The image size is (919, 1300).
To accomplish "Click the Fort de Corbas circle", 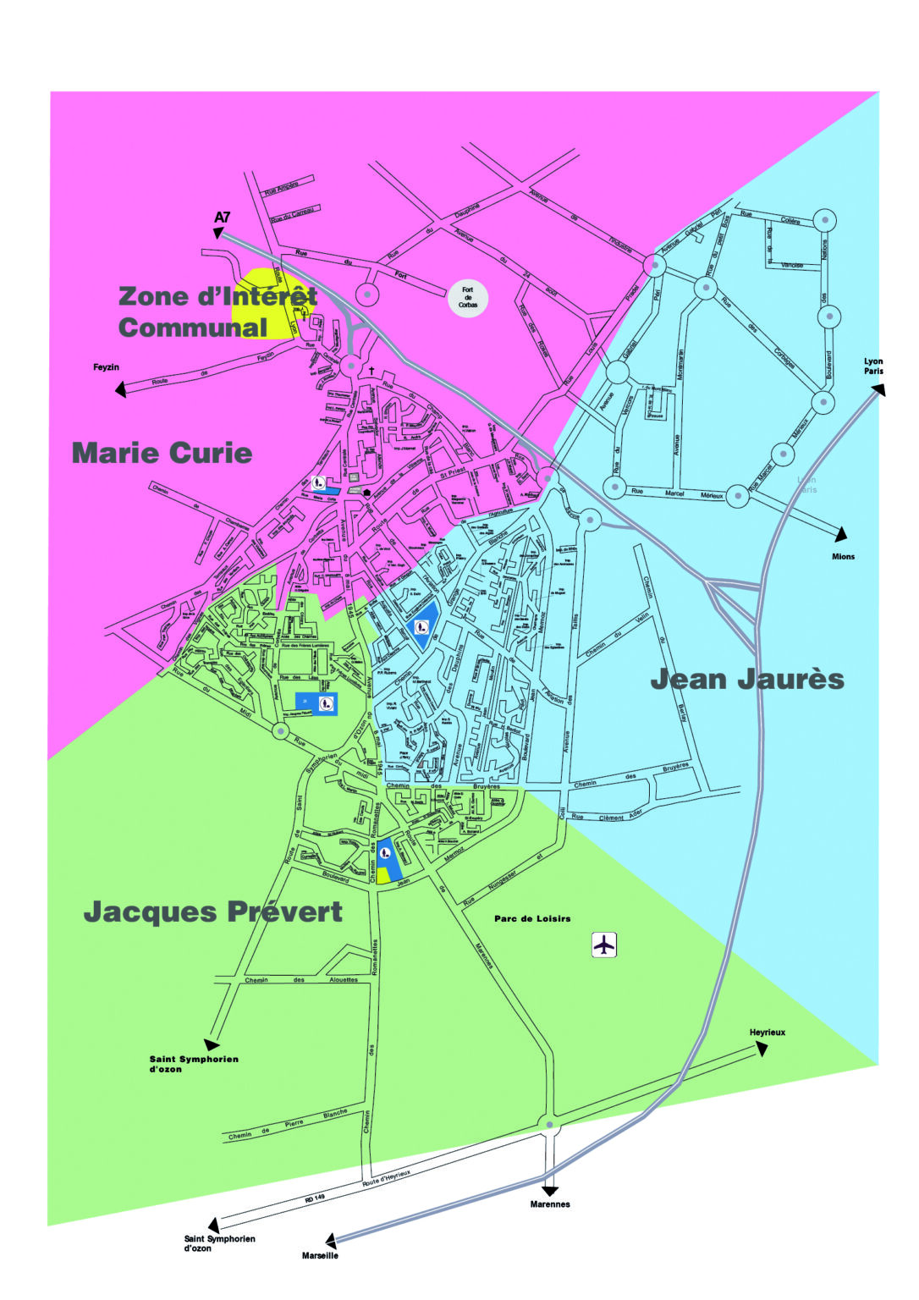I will [468, 297].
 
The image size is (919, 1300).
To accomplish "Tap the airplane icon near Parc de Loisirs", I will [603, 945].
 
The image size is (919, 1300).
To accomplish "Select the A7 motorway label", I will [222, 218].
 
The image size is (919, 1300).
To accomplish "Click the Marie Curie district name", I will [162, 453].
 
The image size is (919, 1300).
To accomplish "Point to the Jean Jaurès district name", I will [747, 679].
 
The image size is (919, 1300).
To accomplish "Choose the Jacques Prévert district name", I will [213, 912].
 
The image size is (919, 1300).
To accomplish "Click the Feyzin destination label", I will [106, 367].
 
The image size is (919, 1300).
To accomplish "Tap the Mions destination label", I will [843, 557].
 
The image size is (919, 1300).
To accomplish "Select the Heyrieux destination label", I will [767, 1033].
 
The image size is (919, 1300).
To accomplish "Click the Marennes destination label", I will [550, 1204].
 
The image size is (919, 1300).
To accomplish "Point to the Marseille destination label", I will [320, 1255].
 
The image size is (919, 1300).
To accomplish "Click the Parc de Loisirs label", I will [532, 918].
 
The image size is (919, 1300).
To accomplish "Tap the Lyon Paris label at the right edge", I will [873, 366].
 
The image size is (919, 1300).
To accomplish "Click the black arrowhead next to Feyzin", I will [120, 389].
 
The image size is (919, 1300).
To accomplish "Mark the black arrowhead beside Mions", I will [840, 534].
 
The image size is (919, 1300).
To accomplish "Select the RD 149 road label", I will [315, 1198].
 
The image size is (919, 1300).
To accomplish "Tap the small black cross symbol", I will [371, 371].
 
